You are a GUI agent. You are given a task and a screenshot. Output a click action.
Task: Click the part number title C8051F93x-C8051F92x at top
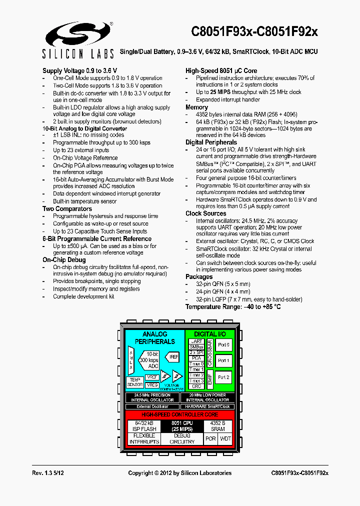coord(254,31)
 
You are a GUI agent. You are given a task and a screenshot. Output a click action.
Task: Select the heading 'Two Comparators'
coord(67,209)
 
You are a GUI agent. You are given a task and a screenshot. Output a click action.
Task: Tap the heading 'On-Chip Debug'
coord(64,260)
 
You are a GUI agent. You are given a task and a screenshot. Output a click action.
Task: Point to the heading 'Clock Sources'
coord(205,213)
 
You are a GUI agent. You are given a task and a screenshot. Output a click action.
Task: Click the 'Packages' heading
coord(199,277)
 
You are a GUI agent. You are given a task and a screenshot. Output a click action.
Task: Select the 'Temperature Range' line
coord(233,306)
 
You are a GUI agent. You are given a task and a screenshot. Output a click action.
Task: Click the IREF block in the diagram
coord(173,357)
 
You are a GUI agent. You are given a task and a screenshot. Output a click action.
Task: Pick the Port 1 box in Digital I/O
coord(223,360)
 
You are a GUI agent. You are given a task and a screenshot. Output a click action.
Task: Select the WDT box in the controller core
coord(226,438)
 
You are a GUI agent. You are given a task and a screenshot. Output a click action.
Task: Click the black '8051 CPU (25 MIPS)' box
coord(181,426)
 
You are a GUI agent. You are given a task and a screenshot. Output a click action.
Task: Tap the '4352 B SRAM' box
coord(218,426)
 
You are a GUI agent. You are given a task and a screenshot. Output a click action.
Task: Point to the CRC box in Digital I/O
coord(196,386)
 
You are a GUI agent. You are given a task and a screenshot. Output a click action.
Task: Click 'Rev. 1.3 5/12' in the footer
coord(48,473)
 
